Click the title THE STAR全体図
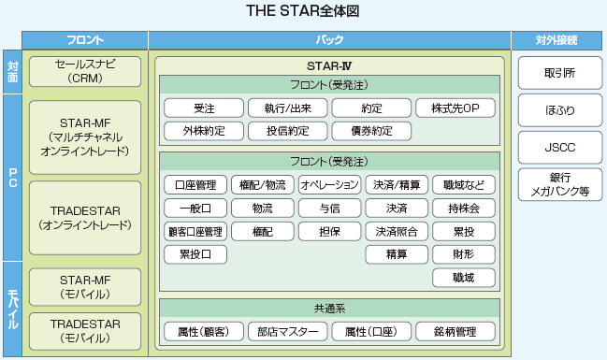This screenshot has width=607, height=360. (303, 11)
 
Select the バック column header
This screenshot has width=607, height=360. (329, 40)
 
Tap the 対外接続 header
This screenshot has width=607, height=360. (556, 40)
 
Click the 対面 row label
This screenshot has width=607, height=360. (12, 72)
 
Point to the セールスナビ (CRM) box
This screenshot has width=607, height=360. (85, 72)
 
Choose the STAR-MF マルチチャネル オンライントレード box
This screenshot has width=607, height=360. (85, 137)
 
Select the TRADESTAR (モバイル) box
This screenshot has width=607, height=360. (85, 331)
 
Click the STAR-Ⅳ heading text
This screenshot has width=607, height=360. (329, 66)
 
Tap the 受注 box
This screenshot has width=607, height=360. (204, 108)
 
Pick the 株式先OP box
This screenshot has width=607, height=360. (455, 108)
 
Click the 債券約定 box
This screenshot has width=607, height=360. (371, 131)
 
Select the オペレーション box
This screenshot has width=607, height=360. (329, 184)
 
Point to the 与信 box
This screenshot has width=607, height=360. (329, 209)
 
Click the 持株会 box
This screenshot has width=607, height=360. (464, 209)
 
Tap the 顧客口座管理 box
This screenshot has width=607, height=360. (195, 232)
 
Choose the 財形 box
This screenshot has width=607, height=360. (464, 254)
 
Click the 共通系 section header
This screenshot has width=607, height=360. (329, 309)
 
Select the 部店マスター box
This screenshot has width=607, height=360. (288, 331)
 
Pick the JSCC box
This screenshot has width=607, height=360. (560, 147)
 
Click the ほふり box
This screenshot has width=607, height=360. (560, 110)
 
